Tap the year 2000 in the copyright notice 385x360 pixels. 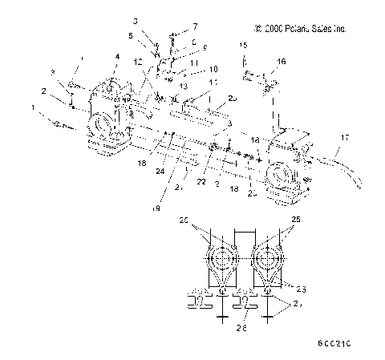click(280, 29)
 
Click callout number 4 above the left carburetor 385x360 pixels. click(117, 56)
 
